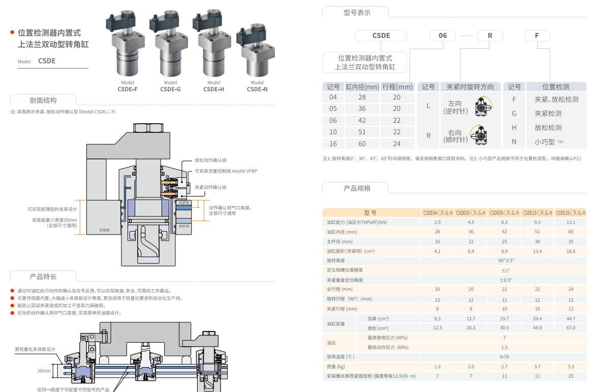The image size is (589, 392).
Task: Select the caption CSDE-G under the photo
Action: [171, 89]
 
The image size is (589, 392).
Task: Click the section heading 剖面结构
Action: [43, 100]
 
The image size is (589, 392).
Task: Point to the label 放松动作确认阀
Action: [211, 159]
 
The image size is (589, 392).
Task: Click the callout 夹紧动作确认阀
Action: [211, 187]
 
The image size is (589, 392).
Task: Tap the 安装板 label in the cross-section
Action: [105, 230]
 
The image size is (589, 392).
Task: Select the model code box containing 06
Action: [443, 36]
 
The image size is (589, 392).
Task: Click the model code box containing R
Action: [490, 36]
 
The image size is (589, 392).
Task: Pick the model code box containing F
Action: [537, 36]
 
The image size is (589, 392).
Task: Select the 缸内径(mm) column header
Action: [362, 87]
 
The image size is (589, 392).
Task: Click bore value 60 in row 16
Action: [362, 144]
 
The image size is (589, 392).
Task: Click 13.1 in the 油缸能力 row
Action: [571, 222]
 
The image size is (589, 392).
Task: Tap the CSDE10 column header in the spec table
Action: [537, 213]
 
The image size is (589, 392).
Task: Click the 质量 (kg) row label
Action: [336, 367]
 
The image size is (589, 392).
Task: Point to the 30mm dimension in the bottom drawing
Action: [44, 371]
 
